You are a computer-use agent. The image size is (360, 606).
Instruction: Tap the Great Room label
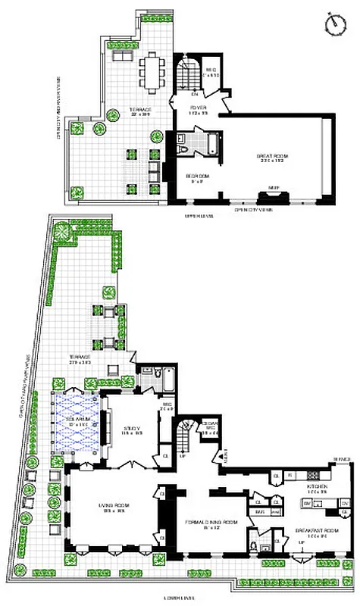[272, 158]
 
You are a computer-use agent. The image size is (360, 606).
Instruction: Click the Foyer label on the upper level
[199, 110]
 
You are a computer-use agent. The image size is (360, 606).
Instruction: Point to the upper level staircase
[188, 76]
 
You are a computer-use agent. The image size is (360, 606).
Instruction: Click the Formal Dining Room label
[207, 522]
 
